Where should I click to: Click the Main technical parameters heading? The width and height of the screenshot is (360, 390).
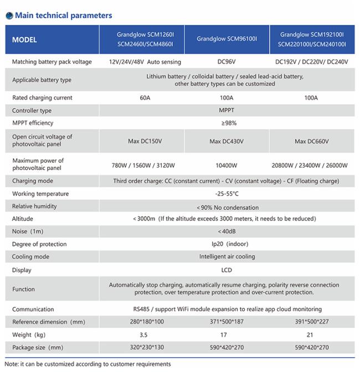(x=63, y=16)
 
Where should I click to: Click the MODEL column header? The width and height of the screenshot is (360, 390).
(x=25, y=40)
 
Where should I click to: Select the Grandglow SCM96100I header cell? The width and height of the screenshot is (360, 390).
(x=227, y=39)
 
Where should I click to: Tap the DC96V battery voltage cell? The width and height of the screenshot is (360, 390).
(x=227, y=61)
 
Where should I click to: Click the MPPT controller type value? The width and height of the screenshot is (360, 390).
(x=227, y=110)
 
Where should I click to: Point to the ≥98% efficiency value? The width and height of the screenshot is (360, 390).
(x=227, y=123)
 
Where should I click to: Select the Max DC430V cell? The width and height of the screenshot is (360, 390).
(x=227, y=141)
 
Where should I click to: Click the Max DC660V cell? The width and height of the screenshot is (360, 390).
(x=312, y=141)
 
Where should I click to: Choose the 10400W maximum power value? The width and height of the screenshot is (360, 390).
(x=227, y=165)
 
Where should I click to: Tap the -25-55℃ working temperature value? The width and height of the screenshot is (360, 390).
(x=227, y=194)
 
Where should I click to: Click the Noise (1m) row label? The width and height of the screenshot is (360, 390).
(x=28, y=231)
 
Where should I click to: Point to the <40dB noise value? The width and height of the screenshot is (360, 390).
(x=227, y=231)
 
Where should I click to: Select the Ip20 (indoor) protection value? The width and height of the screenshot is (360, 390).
(x=227, y=244)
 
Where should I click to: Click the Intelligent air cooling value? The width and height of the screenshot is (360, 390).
(x=227, y=256)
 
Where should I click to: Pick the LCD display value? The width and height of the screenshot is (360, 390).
(x=227, y=270)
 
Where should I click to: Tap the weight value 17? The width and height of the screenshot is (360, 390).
(x=227, y=335)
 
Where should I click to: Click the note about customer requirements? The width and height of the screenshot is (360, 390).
(x=88, y=364)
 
